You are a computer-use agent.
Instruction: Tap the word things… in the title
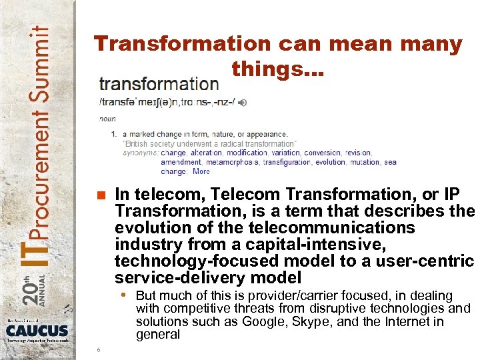pyautogui.click(x=277, y=69)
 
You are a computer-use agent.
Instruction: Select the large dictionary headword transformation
pyautogui.click(x=159, y=84)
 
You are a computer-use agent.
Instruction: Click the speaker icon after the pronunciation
pyautogui.click(x=243, y=102)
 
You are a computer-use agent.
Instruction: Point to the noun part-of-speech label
pyautogui.click(x=107, y=119)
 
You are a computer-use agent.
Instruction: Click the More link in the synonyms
pyautogui.click(x=201, y=171)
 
